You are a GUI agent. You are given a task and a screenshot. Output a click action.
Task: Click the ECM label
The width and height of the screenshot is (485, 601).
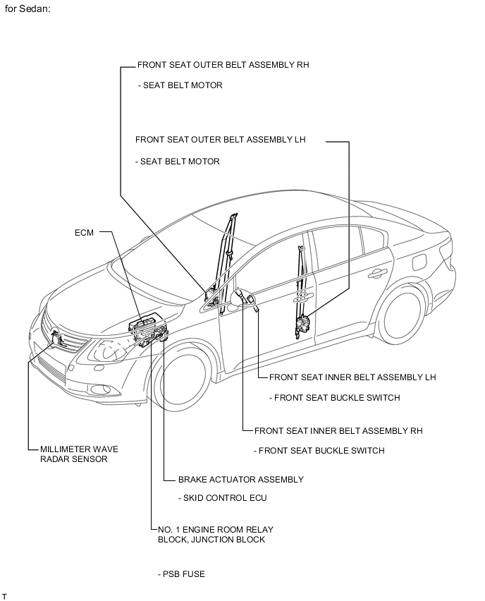click(x=84, y=231)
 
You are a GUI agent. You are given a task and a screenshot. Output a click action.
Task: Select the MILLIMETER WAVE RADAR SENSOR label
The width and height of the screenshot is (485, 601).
click(x=79, y=454)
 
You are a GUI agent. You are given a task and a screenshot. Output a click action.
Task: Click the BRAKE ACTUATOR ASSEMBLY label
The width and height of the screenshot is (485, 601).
click(x=240, y=479)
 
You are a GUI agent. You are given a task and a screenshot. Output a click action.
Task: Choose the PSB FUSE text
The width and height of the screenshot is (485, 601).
click(x=181, y=573)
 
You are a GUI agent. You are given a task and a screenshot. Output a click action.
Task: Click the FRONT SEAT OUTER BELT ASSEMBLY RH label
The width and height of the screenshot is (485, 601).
click(x=223, y=65)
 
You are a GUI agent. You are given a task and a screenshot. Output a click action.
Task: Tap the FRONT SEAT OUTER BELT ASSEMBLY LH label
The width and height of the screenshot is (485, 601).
click(x=220, y=140)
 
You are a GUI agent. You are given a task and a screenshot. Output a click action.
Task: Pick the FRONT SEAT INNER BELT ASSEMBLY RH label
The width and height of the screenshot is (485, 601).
click(x=338, y=430)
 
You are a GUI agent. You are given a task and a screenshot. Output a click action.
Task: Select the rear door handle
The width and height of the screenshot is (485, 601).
click(x=375, y=272)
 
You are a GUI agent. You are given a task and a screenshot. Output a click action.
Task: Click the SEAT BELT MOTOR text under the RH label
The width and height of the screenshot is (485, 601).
click(x=182, y=85)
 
